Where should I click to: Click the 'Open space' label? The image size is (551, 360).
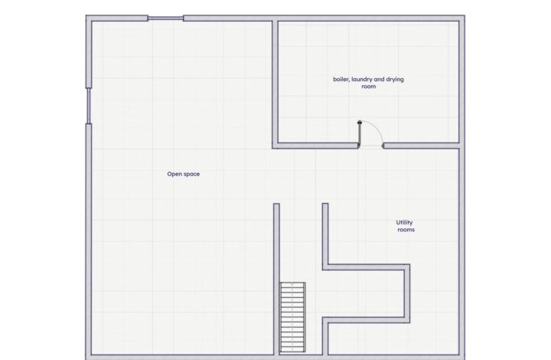(184, 174)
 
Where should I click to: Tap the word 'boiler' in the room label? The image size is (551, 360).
(341, 79)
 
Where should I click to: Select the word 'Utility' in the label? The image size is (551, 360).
(404, 223)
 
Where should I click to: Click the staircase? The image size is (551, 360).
(292, 317)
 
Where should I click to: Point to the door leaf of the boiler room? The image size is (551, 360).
(359, 133)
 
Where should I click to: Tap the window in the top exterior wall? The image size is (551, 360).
(165, 18)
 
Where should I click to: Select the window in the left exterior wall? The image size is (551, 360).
(89, 106)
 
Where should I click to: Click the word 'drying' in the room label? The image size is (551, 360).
(395, 80)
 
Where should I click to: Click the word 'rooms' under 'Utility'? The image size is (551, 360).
(406, 230)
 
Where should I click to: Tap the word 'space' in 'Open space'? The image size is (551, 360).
(191, 175)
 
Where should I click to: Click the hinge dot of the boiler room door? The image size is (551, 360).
(359, 123)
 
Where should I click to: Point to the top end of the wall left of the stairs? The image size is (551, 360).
(276, 204)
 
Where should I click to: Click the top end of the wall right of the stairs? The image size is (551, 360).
(325, 204)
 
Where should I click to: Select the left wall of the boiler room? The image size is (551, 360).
(275, 84)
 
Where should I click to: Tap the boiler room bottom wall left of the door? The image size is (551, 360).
(315, 146)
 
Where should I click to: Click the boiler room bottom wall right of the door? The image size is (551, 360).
(421, 146)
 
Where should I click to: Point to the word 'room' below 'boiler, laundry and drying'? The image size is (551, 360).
(369, 87)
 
